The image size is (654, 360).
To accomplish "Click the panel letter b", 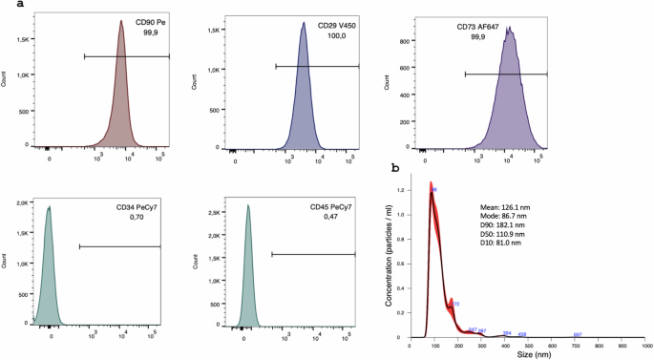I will pyautogui.click(x=395, y=168).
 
